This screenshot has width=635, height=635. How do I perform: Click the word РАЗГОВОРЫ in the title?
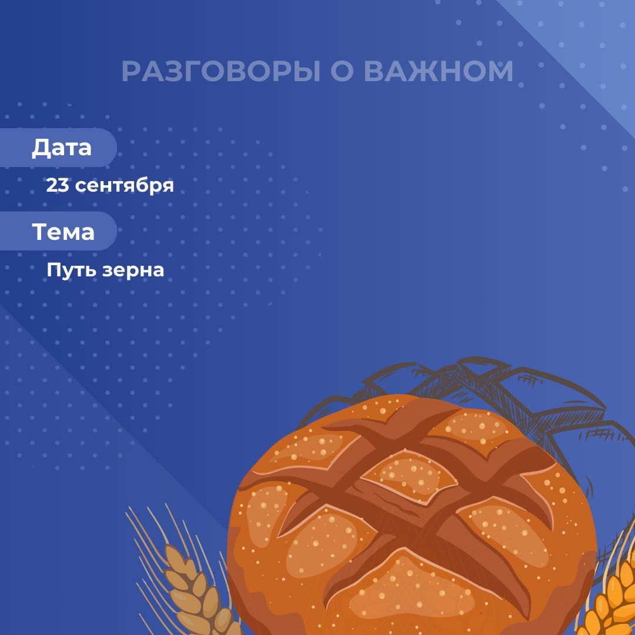coord(220,71)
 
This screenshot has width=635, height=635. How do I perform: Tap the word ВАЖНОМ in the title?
coord(439,71)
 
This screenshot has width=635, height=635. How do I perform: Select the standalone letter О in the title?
coord(342,71)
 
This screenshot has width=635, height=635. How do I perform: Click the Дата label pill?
coord(58,148)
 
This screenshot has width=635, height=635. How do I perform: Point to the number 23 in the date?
coord(58,185)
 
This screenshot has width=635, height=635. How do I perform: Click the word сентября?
coord(124,186)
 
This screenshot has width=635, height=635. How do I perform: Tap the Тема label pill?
coord(58,231)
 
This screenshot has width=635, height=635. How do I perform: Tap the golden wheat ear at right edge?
coord(611,599)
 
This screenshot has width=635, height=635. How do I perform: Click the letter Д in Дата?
coord(41,148)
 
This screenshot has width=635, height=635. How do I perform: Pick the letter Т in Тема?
coord(40,231)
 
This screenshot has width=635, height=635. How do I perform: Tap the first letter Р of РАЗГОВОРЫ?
coord(131,71)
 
